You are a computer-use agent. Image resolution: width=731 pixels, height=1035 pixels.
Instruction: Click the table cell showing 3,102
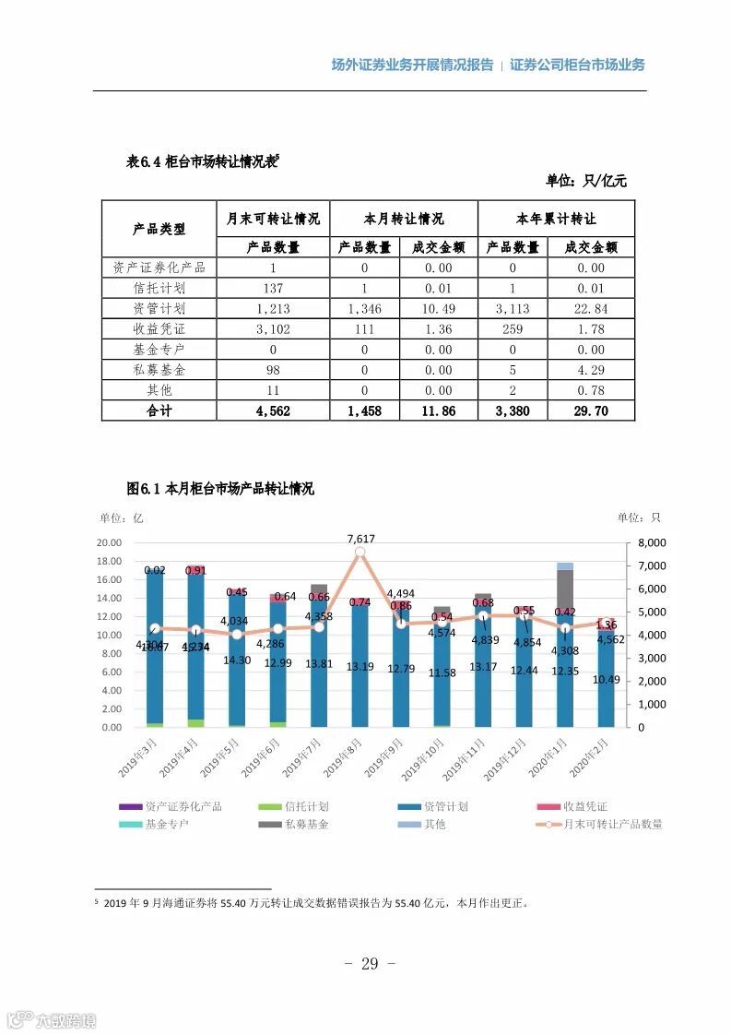(273, 329)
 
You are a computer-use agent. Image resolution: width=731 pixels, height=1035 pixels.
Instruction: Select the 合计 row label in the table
(159, 410)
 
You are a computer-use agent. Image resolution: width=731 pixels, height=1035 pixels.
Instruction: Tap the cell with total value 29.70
(590, 410)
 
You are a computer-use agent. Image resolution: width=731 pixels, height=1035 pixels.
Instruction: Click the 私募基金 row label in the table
(159, 370)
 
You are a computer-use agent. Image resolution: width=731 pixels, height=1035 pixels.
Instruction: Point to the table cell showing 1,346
(364, 309)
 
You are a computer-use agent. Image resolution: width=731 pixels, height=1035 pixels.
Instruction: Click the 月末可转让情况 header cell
(273, 219)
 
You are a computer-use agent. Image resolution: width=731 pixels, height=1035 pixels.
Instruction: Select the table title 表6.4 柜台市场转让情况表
(201, 161)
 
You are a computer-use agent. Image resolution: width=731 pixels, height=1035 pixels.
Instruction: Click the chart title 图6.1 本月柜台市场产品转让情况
(219, 489)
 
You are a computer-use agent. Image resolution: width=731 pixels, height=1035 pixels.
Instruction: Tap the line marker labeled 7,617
(360, 552)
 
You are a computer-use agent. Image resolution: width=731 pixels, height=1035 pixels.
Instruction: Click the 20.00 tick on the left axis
(110, 542)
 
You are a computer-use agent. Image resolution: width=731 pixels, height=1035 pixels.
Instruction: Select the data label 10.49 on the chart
(606, 679)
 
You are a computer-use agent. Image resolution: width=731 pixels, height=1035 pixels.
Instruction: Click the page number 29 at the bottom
(369, 964)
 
